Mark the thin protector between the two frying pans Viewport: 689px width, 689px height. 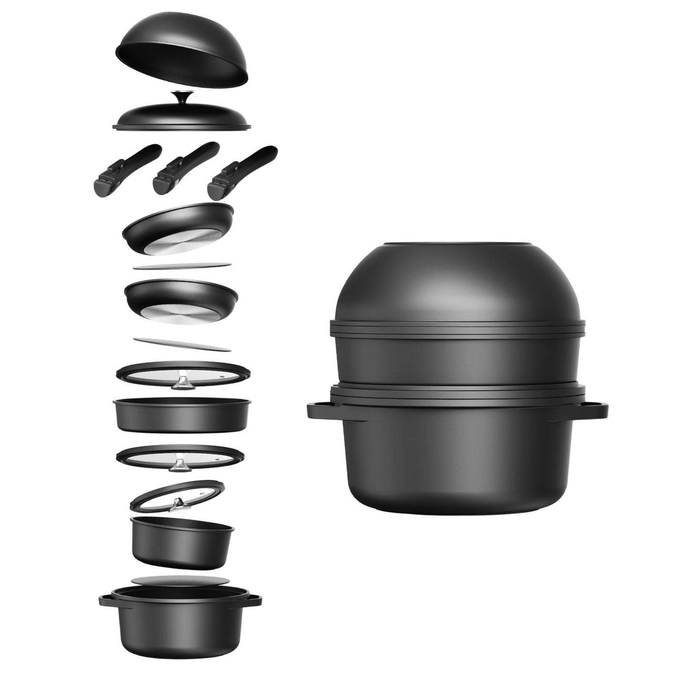coord(182,266)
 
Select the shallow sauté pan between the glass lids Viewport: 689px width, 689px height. coord(181,416)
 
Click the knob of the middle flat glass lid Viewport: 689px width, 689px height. coord(181,463)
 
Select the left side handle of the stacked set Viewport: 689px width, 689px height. coord(319,410)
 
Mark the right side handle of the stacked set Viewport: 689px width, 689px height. coord(597,409)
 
